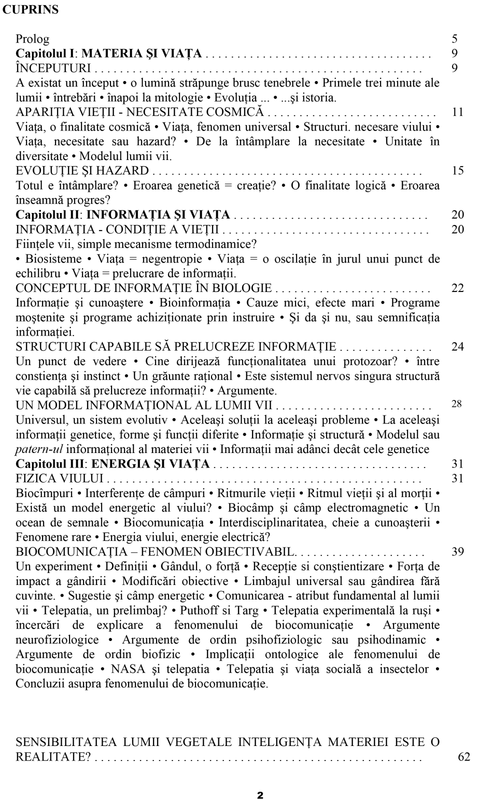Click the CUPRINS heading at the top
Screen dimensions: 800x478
(x=30, y=9)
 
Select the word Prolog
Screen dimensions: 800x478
(x=32, y=38)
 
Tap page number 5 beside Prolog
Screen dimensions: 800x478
(x=454, y=38)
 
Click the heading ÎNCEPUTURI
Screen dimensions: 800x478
(x=53, y=68)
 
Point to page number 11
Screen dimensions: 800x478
(x=457, y=112)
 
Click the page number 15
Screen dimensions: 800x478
(x=457, y=170)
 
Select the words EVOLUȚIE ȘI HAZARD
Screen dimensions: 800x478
(x=82, y=170)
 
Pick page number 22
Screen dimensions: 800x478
(x=457, y=288)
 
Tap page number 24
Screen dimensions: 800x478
(x=457, y=346)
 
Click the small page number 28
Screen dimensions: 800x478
(x=456, y=404)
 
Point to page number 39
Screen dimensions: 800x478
(x=457, y=551)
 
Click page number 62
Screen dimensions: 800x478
(x=464, y=756)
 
